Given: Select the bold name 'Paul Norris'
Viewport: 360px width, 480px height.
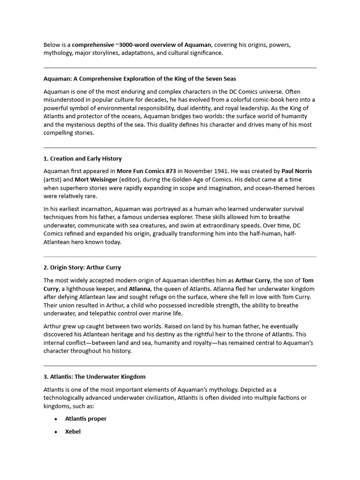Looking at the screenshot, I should (x=296, y=171).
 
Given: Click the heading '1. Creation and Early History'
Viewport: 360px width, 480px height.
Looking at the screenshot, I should (x=82, y=158).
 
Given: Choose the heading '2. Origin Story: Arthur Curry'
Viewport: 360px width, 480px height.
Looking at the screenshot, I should (x=82, y=267).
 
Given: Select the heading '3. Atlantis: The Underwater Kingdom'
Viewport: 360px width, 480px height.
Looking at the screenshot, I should (x=94, y=376).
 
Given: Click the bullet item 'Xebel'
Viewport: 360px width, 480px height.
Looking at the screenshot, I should (x=73, y=431).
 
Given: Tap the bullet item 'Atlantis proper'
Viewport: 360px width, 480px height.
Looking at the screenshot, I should (x=86, y=419).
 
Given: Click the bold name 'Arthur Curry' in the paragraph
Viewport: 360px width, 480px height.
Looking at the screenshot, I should (x=253, y=280).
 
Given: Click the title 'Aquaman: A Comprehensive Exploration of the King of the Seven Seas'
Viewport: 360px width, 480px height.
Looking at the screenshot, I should (x=143, y=78).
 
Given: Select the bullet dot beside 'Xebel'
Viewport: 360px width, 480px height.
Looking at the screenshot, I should (x=56, y=432).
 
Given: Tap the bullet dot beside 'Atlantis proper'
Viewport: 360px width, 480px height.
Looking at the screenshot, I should (x=56, y=419).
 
